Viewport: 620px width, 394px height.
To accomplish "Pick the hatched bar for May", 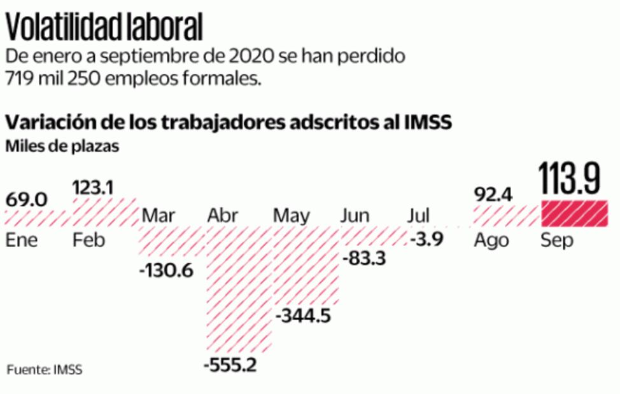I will click(304, 267).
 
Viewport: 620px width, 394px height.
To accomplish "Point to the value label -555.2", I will click(230, 366).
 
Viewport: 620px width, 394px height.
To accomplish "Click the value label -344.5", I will click(304, 315).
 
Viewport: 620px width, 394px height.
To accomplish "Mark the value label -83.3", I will click(363, 259).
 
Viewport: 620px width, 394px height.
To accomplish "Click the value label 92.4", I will click(493, 194).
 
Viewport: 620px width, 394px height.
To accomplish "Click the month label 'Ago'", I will click(491, 241).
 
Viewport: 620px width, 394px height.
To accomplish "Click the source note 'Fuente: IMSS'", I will click(45, 369).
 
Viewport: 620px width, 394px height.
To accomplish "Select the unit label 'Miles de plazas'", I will click(62, 146).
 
